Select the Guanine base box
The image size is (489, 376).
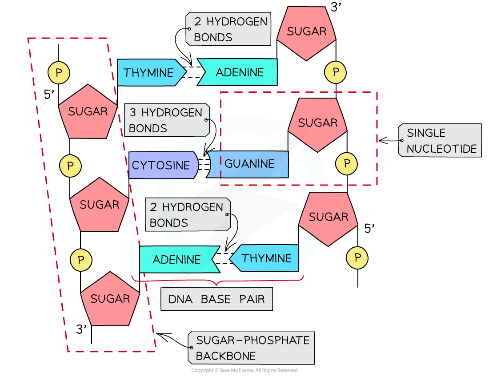coord(249,164)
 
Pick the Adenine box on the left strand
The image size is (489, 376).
coord(177,259)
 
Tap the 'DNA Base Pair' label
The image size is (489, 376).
coord(216,299)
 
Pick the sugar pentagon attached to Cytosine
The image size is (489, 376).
coord(99,205)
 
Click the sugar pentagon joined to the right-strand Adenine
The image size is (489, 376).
coord(306,32)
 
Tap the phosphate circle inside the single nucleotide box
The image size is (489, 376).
coord(347,164)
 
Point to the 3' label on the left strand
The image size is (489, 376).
coord(81,329)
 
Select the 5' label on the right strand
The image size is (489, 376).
coord(370,229)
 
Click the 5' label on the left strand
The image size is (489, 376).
coord(49,95)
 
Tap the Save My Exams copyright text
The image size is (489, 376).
coord(244,370)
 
